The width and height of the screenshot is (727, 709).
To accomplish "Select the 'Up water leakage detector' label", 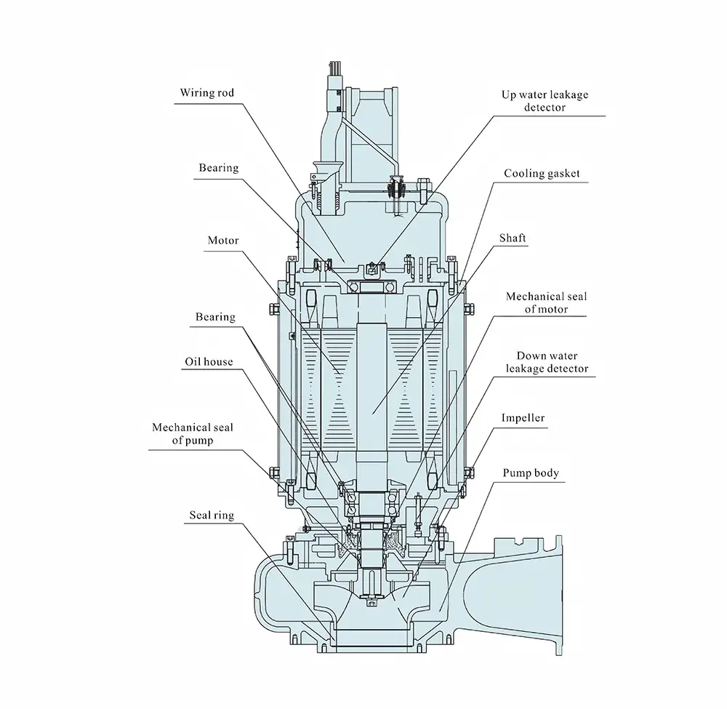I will [x=545, y=101].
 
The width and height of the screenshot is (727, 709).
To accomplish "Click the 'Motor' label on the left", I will [x=223, y=240].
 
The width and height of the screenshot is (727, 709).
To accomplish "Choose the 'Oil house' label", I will [x=209, y=361].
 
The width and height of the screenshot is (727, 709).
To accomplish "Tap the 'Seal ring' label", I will [x=212, y=516].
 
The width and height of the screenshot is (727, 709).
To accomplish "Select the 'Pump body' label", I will [x=531, y=473].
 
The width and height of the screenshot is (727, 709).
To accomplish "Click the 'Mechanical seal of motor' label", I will [x=547, y=303].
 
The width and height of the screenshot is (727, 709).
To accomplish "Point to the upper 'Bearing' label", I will [x=219, y=168].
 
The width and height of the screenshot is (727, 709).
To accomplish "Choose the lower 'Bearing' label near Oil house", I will [x=215, y=317].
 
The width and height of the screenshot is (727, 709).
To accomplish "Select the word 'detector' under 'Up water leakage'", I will [x=544, y=108].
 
